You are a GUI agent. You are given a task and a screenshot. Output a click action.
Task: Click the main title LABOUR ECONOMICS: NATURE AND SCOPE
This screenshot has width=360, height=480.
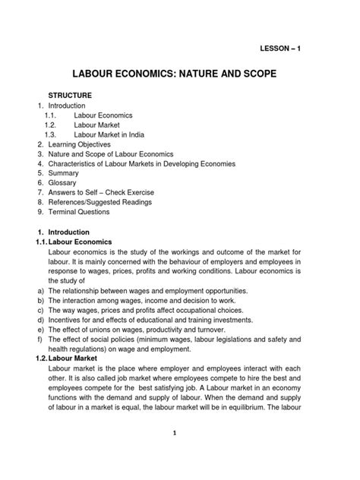(x=180, y=76)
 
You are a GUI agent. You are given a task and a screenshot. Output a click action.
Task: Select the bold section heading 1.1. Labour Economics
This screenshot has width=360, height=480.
(x=75, y=242)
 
